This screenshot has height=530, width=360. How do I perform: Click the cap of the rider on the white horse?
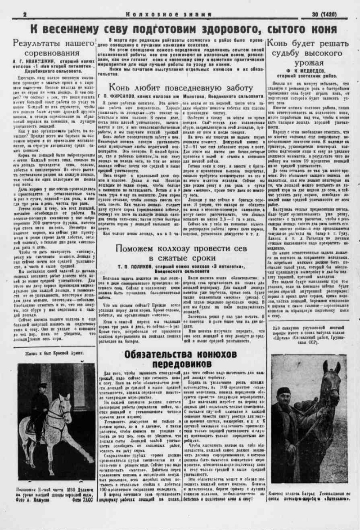(43, 386)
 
